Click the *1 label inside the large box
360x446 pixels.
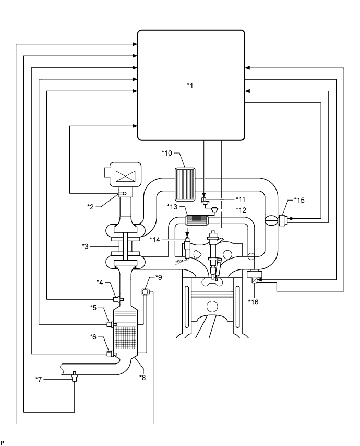[190, 85]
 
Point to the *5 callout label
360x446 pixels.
[97, 309]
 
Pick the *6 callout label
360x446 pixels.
[97, 337]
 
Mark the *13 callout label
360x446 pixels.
[172, 207]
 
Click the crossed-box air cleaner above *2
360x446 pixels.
[124, 175]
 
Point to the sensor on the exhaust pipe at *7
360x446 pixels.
[75, 374]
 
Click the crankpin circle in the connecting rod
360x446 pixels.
[211, 306]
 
